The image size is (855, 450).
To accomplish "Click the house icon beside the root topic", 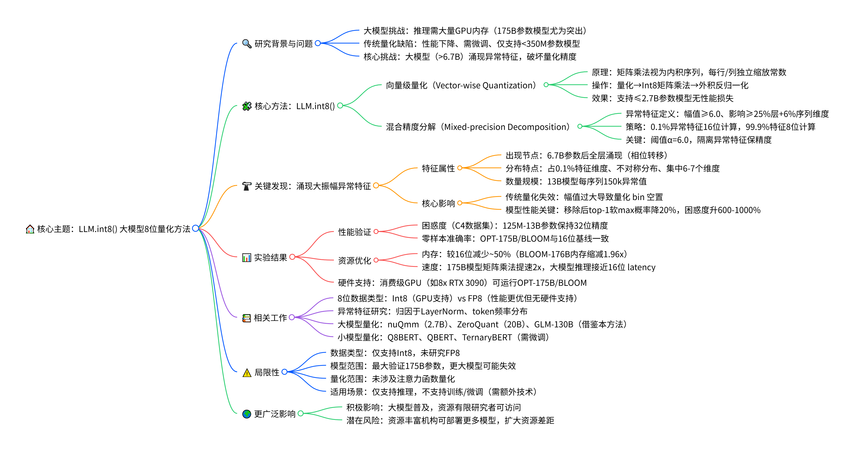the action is [x=30, y=229].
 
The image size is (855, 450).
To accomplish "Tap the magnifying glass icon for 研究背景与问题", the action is [x=247, y=43].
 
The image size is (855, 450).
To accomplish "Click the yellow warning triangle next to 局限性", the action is [x=247, y=373].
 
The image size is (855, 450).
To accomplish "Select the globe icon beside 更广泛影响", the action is [x=247, y=414].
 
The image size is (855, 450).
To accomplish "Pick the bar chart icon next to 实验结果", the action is [x=247, y=258].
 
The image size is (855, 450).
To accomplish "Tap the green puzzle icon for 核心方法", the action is [x=247, y=106].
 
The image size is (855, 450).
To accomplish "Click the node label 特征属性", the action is [x=438, y=168].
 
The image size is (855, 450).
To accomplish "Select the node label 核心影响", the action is [x=438, y=203].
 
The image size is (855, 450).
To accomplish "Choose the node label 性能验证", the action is [x=354, y=232].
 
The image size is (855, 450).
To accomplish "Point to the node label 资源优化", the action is [x=354, y=261].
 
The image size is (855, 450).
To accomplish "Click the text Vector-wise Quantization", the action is [x=485, y=85].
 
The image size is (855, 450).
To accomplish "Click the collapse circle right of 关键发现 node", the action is [x=376, y=185].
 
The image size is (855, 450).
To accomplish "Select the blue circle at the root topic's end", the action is [x=196, y=228].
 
